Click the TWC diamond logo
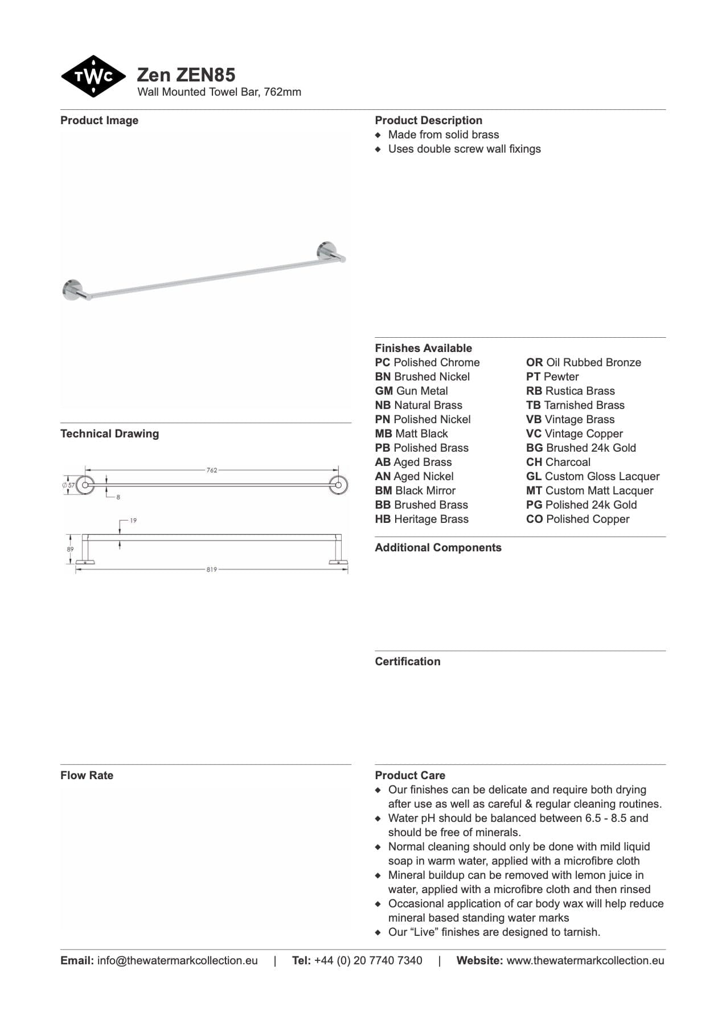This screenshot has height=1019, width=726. point(93,76)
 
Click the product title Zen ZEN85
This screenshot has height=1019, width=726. point(186,75)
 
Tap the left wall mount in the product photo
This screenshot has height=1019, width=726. point(73,289)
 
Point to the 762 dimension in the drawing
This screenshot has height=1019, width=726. point(212,470)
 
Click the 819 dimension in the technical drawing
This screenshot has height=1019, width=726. point(212,570)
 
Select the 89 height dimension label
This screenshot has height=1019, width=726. point(70,550)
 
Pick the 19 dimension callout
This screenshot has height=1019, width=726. point(133,521)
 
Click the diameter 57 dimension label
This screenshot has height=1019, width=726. point(69,485)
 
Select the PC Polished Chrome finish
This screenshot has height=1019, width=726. point(427,362)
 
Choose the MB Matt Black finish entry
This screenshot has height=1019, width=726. point(411,433)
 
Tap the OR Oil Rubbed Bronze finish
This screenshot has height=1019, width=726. point(583,362)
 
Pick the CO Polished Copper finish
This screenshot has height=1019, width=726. point(577,519)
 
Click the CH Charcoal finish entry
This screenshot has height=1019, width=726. point(558,462)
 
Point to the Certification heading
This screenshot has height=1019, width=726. point(407,661)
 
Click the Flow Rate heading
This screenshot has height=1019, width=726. point(87,775)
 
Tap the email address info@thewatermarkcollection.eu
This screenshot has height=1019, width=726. point(177,960)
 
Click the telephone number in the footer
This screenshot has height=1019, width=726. point(368,960)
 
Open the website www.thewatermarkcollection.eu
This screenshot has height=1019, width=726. point(585,960)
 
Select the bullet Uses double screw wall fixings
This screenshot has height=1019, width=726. point(464,149)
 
